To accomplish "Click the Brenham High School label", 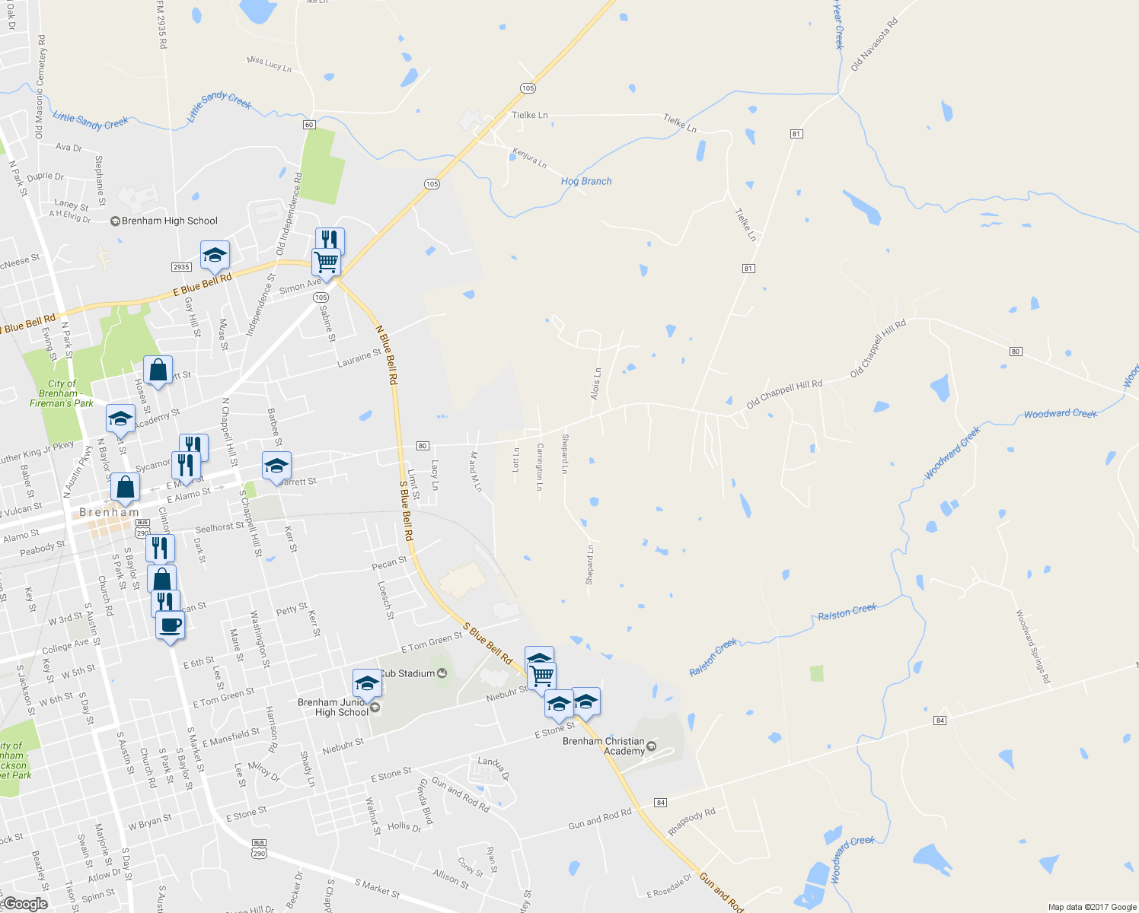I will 169,221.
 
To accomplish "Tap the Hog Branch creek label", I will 586,181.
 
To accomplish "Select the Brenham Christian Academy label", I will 604,746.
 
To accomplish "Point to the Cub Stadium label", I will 407,673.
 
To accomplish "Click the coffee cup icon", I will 170,626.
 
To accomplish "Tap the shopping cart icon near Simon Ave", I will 326,262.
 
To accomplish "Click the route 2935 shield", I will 181,267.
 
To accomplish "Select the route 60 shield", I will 308,125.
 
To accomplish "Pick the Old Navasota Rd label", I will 874,45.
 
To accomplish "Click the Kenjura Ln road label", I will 529,158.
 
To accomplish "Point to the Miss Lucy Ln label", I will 269,64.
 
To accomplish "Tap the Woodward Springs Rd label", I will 1032,647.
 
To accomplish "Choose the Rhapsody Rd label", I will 692,822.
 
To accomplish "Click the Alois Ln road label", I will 595,383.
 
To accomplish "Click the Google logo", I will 25,904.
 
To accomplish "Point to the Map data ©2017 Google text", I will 1092,907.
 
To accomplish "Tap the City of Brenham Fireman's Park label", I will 62,393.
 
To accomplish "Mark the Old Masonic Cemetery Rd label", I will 40,87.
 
